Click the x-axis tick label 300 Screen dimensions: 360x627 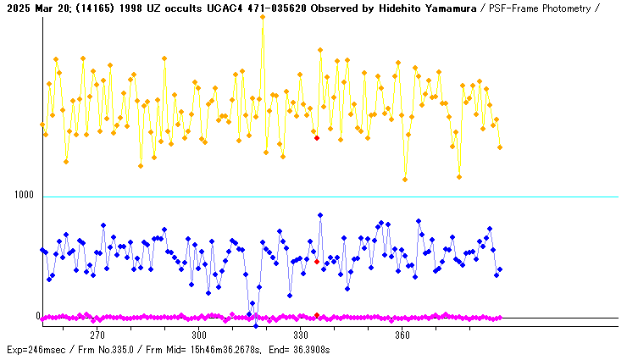pos(198,335)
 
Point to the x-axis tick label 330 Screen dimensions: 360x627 pos(300,335)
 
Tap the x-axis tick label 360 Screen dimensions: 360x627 pos(402,335)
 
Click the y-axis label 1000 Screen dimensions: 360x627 pos(23,195)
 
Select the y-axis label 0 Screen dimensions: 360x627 pos(37,316)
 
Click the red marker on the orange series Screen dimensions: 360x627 pos(317,137)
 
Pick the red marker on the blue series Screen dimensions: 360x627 pos(317,262)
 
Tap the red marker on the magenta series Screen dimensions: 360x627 pos(317,315)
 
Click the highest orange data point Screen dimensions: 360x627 pos(263,16)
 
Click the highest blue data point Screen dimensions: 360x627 pos(320,215)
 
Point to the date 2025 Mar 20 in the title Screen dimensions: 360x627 pos(34,8)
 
